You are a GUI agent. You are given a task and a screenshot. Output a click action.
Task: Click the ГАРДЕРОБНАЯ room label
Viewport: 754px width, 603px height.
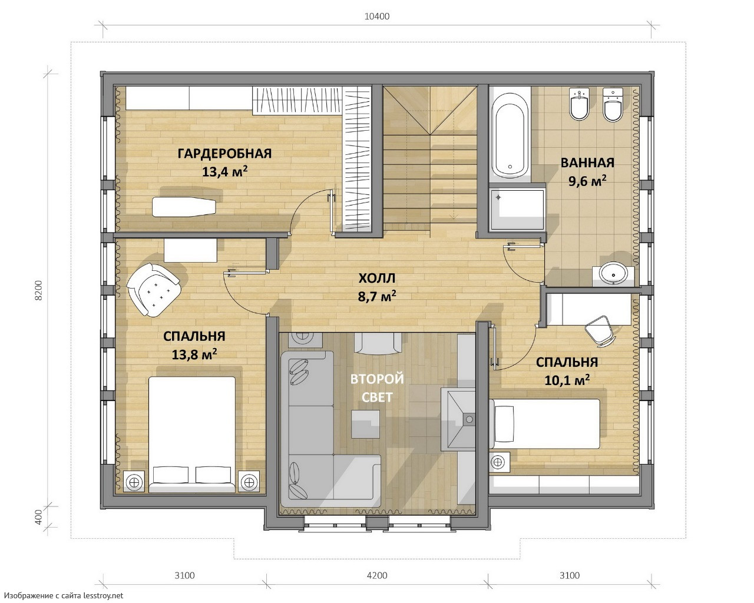(224, 154)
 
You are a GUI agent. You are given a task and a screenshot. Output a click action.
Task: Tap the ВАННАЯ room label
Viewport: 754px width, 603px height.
(587, 163)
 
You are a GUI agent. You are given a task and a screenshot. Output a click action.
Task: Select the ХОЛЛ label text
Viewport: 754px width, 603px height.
(377, 279)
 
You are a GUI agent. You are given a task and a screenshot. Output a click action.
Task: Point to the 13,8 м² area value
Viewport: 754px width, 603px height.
(194, 354)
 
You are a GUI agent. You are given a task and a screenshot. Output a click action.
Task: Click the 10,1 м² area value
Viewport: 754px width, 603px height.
(567, 380)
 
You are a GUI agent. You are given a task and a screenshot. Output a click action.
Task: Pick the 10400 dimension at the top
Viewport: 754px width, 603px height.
(377, 16)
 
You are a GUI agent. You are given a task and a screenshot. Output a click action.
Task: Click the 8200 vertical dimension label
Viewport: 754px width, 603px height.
(38, 290)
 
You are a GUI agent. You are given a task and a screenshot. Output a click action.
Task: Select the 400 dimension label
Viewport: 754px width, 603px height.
(38, 517)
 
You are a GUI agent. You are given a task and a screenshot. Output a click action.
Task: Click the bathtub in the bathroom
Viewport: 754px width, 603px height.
(510, 135)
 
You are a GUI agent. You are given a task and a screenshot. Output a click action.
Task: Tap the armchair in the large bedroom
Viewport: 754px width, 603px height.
(154, 289)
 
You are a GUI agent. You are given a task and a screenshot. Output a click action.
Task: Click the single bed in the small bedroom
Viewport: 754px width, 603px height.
(545, 424)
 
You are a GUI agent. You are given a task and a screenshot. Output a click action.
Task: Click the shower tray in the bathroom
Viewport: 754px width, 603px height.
(517, 209)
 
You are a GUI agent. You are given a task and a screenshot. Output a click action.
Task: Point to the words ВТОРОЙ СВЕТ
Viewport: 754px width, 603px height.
(377, 388)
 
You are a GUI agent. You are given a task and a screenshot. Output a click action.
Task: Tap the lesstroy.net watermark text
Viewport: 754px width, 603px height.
(64, 595)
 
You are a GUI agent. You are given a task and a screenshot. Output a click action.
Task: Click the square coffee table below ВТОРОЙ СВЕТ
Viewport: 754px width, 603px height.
(366, 424)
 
